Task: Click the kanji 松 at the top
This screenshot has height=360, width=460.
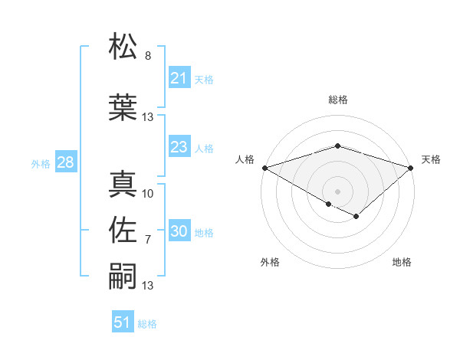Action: [123, 47]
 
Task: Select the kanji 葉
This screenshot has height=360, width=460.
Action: [123, 107]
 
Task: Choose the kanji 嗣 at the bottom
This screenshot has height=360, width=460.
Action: [123, 275]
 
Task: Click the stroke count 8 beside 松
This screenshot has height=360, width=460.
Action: [148, 56]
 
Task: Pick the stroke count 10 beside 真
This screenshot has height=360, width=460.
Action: [148, 193]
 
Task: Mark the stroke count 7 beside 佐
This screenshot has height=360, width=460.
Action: [148, 240]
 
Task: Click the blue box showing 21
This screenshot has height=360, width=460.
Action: [179, 78]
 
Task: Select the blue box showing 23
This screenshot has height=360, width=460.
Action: [179, 147]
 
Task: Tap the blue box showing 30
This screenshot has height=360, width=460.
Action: [179, 232]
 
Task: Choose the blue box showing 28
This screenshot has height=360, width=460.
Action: [65, 162]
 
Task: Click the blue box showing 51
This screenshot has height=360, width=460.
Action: [123, 322]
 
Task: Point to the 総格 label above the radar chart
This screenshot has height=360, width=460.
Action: [337, 100]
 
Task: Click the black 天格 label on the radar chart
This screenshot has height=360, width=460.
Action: [431, 159]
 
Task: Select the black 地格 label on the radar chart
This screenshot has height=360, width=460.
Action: [402, 262]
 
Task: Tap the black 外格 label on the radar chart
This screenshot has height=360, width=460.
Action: [270, 262]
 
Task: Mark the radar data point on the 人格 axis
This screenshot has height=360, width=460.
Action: [264, 167]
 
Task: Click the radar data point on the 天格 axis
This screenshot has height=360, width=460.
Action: [411, 167]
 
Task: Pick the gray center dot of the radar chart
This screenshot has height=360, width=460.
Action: [337, 191]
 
